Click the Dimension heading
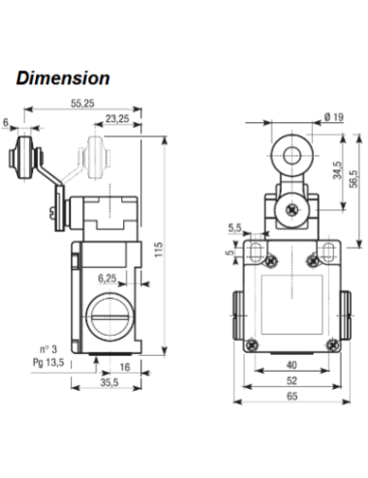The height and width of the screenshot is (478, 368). (x=63, y=77)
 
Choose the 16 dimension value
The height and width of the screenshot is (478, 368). (x=124, y=368)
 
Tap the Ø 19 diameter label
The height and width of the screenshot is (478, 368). (x=331, y=118)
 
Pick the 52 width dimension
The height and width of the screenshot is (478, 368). (x=291, y=381)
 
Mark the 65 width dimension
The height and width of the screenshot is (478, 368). (x=291, y=397)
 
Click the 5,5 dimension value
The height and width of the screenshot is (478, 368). (x=234, y=228)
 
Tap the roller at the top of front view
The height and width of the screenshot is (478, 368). (x=290, y=155)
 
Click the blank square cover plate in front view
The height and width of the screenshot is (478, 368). (x=290, y=301)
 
